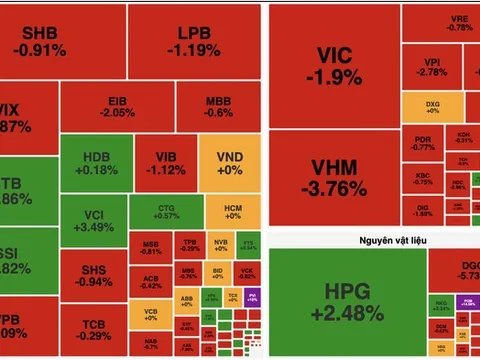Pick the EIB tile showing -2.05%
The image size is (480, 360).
(x=118, y=107)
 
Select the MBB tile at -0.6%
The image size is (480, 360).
(x=219, y=107)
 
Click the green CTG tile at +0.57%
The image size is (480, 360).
(x=167, y=209)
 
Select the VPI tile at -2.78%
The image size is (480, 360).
(x=433, y=67)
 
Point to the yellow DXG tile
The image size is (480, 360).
(x=433, y=107)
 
